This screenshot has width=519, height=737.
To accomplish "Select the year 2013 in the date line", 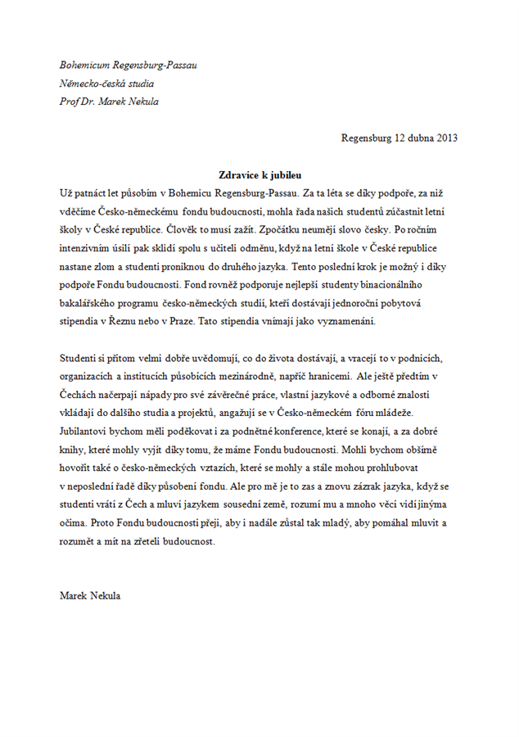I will point(447,138).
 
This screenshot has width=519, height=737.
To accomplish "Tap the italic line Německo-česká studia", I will point(107,83).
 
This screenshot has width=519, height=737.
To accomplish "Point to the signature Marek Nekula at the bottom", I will point(90,595).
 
